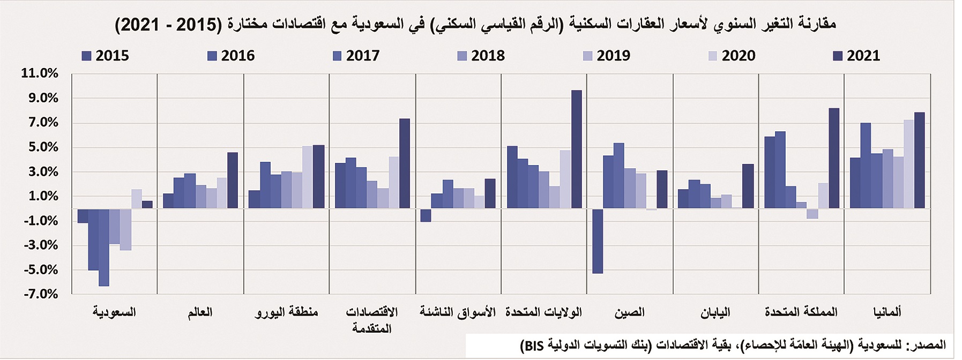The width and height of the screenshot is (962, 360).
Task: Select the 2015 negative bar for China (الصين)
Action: point(598,241)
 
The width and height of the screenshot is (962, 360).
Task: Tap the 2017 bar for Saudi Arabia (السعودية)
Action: point(104,247)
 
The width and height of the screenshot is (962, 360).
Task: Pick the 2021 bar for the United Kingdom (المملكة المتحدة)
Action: point(834,158)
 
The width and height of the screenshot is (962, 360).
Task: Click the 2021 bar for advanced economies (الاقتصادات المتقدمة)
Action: point(405,163)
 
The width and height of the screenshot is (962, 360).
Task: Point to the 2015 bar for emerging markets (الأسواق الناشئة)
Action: point(426,215)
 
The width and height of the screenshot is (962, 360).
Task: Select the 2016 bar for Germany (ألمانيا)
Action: point(866,166)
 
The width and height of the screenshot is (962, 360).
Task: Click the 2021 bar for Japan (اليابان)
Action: point(748,186)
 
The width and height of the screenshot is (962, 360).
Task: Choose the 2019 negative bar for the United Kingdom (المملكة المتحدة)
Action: point(812,213)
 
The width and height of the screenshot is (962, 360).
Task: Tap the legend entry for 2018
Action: point(481,56)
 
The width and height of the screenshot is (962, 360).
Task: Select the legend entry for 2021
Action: point(856,56)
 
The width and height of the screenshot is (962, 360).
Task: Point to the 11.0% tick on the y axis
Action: point(39,73)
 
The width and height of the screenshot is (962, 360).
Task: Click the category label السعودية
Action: point(114,312)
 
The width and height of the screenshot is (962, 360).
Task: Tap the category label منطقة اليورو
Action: point(286,312)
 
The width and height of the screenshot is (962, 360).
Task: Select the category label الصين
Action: point(629,312)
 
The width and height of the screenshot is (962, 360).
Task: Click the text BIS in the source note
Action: point(533,346)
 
